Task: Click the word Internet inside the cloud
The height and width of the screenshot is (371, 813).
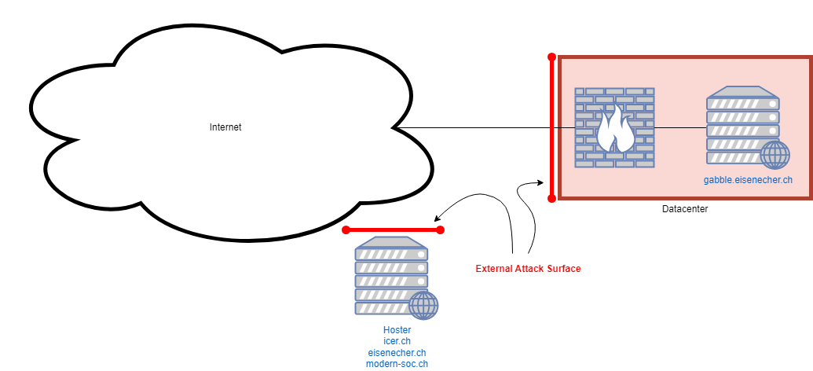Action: tap(225, 127)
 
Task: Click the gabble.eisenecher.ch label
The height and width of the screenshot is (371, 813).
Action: tap(747, 180)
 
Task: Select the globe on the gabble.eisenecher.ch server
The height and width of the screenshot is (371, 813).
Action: tap(775, 154)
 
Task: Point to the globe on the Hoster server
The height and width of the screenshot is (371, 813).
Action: tap(423, 304)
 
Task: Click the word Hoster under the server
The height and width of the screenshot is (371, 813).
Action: tap(397, 330)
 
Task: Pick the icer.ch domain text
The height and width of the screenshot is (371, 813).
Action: tap(397, 341)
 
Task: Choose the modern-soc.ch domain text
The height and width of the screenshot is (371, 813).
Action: tap(397, 364)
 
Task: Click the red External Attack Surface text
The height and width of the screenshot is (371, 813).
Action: tap(528, 269)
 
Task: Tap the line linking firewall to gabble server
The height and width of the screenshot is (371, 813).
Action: tap(680, 127)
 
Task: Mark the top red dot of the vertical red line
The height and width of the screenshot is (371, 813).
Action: tap(551, 57)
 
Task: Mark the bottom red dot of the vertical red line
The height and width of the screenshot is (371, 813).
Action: tap(551, 199)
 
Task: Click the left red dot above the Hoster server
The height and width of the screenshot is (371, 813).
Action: tap(346, 230)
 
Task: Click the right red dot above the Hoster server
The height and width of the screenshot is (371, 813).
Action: tap(441, 230)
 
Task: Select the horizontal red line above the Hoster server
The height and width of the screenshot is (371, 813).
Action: tap(393, 230)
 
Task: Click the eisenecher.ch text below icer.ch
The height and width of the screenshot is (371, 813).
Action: tap(397, 353)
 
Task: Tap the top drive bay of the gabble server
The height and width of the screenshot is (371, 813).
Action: tap(742, 104)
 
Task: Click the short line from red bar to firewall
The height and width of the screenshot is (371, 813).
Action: tap(565, 127)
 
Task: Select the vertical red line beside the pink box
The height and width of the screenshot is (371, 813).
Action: tap(551, 157)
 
